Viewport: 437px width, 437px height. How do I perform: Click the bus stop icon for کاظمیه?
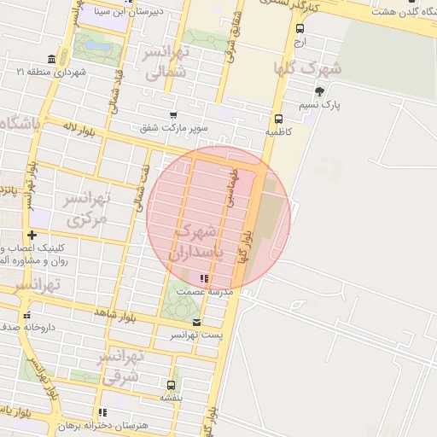(x=278, y=119)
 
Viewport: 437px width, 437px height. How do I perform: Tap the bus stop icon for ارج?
(x=299, y=28)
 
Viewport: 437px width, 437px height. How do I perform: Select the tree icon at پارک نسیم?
(x=319, y=91)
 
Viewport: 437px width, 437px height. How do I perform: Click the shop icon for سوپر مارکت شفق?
(x=173, y=114)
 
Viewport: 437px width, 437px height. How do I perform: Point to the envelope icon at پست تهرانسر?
(x=197, y=323)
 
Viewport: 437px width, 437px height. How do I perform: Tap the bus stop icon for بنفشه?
(x=171, y=385)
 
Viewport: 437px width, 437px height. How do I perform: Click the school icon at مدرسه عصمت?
(x=203, y=278)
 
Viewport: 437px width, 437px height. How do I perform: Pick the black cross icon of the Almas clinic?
(x=32, y=235)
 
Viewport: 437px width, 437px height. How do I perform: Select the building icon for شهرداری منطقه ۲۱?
(x=52, y=59)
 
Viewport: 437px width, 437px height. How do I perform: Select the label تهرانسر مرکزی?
(x=88, y=209)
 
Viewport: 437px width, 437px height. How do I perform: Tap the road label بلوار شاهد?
(x=115, y=314)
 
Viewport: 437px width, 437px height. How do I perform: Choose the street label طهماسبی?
(x=230, y=185)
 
